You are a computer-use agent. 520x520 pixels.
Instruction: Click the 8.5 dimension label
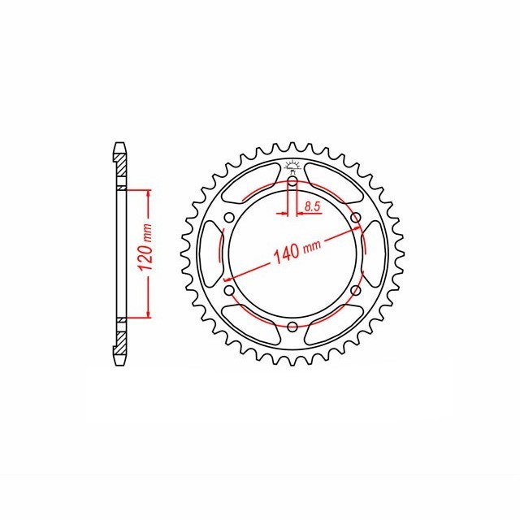click(312, 207)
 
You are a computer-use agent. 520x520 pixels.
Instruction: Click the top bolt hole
click(292, 181)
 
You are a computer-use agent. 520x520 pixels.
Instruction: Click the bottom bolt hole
click(292, 327)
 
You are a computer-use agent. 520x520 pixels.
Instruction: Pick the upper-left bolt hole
click(229, 218)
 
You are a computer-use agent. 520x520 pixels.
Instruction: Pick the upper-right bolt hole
click(356, 218)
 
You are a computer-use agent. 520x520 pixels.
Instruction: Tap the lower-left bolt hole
click(229, 291)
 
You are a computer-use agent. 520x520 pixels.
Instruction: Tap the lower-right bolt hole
click(356, 291)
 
